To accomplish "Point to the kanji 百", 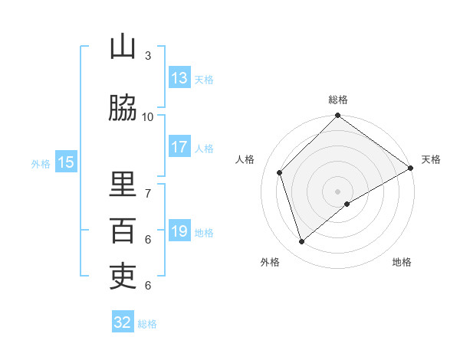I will (123, 231).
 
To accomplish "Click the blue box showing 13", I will (179, 78).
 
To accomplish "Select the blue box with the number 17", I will (179, 148).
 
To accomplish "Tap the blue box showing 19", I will (179, 231).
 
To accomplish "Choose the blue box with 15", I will (66, 162).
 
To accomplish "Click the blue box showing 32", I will (123, 322).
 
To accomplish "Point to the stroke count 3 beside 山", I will (148, 55).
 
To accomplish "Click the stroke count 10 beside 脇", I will (148, 116).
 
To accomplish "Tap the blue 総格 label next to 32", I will (147, 324).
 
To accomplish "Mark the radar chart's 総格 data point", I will (337, 116).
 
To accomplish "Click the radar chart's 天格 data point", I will (411, 169).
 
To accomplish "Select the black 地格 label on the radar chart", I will (402, 262).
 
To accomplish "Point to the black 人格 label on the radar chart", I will (245, 159).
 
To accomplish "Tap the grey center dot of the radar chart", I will (337, 191).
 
